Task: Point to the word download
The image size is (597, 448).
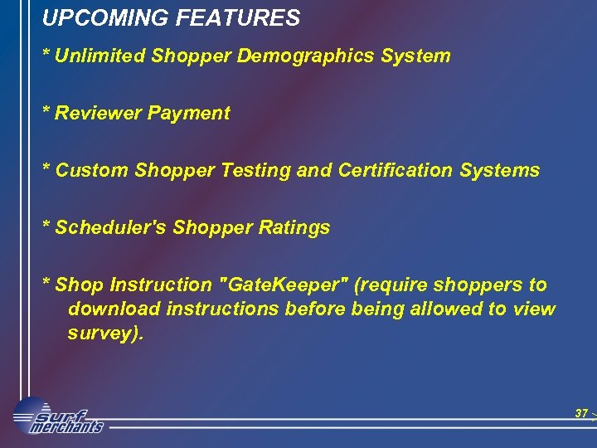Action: [x=114, y=309]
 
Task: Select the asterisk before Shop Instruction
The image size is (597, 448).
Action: [x=47, y=284]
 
